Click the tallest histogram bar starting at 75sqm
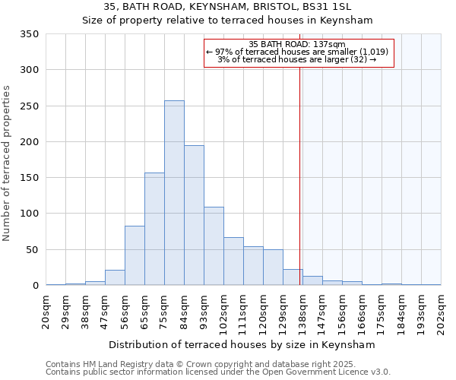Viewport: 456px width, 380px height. click(174, 193)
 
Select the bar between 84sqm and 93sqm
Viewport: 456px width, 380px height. click(194, 215)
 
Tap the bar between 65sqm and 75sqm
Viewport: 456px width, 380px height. click(154, 229)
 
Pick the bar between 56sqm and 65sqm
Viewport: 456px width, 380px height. click(135, 255)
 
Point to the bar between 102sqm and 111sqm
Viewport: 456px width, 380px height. click(233, 261)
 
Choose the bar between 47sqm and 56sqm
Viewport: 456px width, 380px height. click(115, 277)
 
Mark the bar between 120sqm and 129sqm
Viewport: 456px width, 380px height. click(273, 268)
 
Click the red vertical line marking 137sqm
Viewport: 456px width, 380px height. click(300, 167)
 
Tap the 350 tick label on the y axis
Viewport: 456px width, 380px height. click(29, 34)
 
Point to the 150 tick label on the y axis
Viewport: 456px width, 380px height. click(29, 178)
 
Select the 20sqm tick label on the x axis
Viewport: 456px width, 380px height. click(46, 311)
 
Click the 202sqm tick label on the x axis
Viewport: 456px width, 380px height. click(442, 311)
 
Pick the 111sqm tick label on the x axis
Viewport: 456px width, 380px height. click(244, 312)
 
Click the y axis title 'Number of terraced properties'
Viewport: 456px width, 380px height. click(8, 163)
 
